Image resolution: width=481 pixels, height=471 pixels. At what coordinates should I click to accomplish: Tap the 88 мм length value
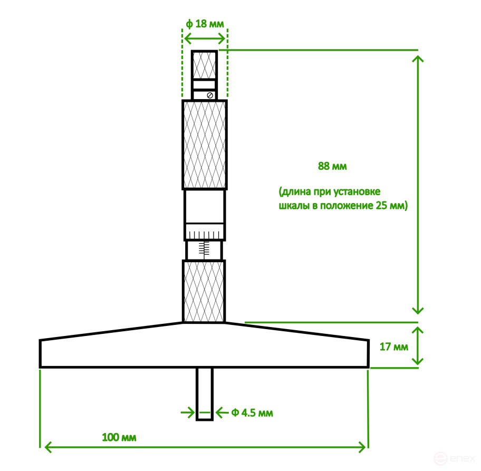[332, 166]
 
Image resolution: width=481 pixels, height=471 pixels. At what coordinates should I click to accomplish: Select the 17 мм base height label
[393, 347]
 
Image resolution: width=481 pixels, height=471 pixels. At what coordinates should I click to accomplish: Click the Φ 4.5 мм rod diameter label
[252, 412]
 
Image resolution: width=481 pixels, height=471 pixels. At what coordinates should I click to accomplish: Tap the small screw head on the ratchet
[210, 95]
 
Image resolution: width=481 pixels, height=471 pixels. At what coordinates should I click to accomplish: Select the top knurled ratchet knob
[204, 64]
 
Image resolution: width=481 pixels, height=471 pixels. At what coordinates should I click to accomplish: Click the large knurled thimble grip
[205, 145]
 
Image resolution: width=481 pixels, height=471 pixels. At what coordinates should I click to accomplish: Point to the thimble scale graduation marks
[205, 234]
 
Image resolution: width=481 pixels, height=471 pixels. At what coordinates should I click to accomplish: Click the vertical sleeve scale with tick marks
[205, 249]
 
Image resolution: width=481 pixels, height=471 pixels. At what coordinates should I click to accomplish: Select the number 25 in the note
[380, 206]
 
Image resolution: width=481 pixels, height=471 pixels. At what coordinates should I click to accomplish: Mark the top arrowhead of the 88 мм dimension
[418, 56]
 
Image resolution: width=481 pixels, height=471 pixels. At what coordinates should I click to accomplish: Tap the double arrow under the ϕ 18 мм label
[205, 39]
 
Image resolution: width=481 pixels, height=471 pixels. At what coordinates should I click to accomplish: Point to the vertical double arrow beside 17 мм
[418, 345]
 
